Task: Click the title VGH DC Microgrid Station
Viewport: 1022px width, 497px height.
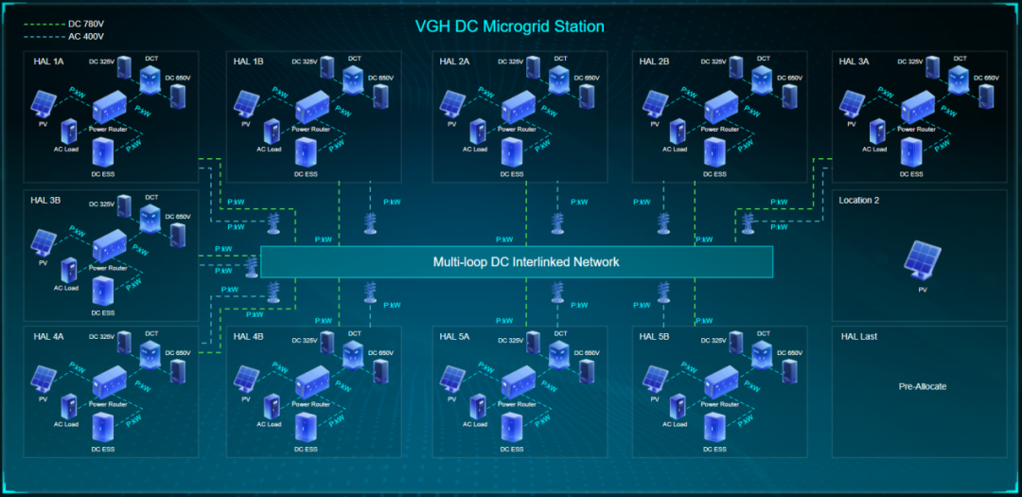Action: click(509, 26)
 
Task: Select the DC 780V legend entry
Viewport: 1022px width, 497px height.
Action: click(83, 23)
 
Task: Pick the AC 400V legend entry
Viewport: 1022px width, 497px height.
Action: click(83, 37)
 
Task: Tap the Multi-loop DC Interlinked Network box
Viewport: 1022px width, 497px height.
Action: click(517, 261)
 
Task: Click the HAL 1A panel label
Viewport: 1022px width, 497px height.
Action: click(48, 62)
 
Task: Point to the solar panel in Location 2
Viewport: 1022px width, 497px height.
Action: click(922, 260)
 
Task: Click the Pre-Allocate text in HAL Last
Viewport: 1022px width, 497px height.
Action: click(922, 386)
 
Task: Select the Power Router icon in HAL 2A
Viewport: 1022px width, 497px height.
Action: click(520, 107)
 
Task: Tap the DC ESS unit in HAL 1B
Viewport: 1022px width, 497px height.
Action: click(306, 152)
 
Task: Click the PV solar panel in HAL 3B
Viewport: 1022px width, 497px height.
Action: click(44, 242)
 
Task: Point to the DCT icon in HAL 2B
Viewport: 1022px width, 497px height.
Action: click(763, 79)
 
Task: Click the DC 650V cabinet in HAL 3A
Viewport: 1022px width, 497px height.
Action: click(990, 96)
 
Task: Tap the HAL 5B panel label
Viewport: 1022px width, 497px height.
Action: click(655, 337)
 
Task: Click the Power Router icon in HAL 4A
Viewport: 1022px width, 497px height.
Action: click(110, 382)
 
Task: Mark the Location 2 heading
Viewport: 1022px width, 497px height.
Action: click(859, 200)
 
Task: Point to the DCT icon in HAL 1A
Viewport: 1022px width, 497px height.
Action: click(151, 79)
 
